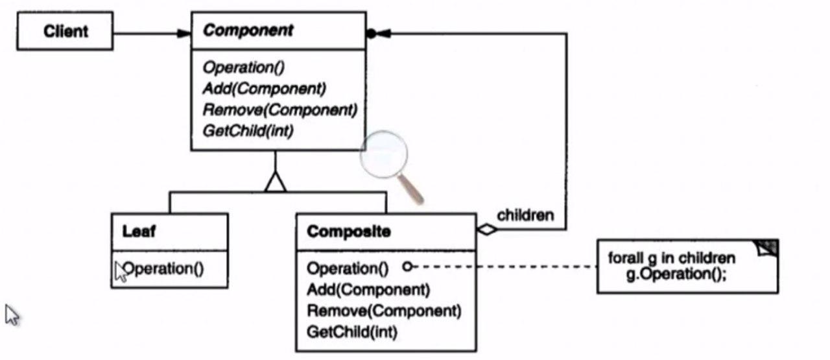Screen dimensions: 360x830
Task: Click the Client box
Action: (x=65, y=31)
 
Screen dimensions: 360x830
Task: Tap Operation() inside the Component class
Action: (x=244, y=67)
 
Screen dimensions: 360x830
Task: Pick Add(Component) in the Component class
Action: (x=265, y=88)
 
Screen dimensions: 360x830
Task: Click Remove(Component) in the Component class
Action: (x=279, y=109)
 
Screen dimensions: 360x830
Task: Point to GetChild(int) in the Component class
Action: (x=248, y=130)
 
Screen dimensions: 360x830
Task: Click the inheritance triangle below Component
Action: (x=276, y=183)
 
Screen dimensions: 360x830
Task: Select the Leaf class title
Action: (x=139, y=232)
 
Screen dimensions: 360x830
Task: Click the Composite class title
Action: (x=349, y=232)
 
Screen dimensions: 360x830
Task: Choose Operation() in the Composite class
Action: (x=347, y=268)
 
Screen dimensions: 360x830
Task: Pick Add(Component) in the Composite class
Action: (x=368, y=289)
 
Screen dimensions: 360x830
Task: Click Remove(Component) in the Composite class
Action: (x=384, y=310)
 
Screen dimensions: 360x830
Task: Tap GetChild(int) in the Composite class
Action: (x=352, y=331)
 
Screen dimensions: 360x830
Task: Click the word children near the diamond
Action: (x=525, y=215)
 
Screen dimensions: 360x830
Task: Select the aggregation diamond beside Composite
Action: (x=487, y=229)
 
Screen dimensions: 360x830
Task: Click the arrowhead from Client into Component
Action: (x=184, y=33)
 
